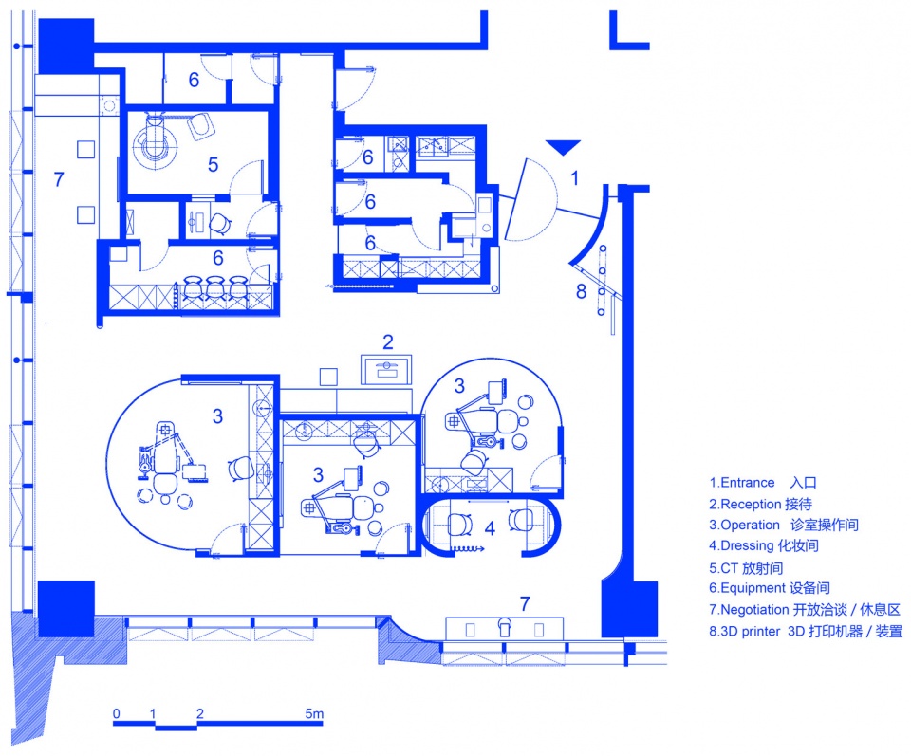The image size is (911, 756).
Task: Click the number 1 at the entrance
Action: (x=575, y=177)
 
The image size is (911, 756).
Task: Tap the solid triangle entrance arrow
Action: (x=563, y=147)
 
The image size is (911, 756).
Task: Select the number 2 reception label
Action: (x=388, y=342)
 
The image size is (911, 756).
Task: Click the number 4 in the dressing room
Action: (x=490, y=528)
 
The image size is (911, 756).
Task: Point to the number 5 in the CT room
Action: (x=214, y=165)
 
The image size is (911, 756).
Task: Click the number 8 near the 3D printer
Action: (x=581, y=291)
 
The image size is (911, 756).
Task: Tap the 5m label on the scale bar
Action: (x=314, y=713)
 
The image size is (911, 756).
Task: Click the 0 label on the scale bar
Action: (x=117, y=713)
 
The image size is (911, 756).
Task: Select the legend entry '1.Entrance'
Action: (x=742, y=483)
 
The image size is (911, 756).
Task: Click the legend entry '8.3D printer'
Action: (x=744, y=631)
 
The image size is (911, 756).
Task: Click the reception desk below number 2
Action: (x=386, y=370)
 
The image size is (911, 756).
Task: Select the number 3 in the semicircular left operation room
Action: (x=217, y=416)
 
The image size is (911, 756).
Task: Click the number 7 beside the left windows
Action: (x=59, y=179)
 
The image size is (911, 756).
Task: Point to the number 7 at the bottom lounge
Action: (x=525, y=604)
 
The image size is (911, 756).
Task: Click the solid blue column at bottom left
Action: (x=65, y=609)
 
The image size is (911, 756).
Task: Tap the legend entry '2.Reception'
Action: (x=745, y=504)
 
